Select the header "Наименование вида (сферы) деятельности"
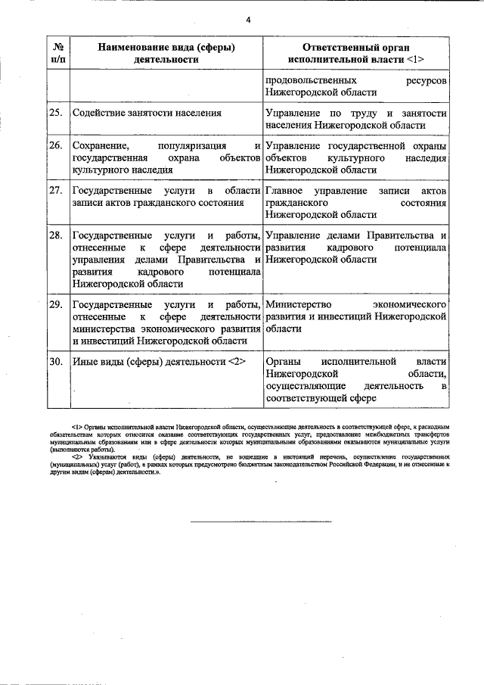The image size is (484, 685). click(165, 52)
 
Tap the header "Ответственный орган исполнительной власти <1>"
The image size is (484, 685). click(356, 52)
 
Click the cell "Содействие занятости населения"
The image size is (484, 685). click(147, 113)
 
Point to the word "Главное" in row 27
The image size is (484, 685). click(284, 190)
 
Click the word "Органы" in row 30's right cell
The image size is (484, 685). click(284, 361)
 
